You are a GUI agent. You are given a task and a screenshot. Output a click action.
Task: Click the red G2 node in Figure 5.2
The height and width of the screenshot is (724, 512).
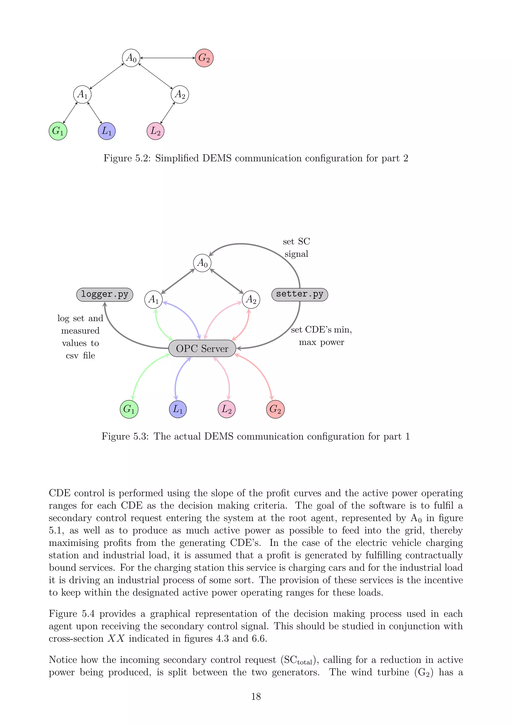pos(204,58)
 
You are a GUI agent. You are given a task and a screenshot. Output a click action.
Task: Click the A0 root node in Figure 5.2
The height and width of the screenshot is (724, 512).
pos(131,58)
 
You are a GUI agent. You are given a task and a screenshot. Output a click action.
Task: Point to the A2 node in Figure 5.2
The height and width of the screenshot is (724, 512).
pos(180,94)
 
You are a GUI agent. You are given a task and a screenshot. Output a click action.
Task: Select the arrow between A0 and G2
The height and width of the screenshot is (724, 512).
pos(168,58)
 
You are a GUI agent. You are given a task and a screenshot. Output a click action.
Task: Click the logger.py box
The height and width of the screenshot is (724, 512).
pos(105,294)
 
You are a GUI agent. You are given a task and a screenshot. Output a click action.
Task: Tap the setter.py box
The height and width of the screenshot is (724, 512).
pos(299,294)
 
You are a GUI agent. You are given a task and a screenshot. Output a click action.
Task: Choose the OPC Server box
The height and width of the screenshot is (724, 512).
pos(202,348)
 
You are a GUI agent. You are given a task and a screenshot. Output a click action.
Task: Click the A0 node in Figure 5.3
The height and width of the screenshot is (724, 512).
pos(202,263)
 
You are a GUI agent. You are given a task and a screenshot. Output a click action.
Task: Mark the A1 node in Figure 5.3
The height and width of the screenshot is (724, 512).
pos(153,299)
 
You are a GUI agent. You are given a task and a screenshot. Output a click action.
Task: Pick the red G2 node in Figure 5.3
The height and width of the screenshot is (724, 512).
pos(275,409)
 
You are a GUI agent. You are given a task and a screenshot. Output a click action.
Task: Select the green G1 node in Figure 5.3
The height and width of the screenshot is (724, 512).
pos(129,409)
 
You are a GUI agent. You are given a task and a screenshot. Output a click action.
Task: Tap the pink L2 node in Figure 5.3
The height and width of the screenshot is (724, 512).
pos(227,409)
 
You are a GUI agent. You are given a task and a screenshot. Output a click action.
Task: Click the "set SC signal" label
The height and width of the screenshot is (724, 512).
pos(296,247)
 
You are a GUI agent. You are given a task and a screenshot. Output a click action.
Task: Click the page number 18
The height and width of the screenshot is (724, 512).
pos(256,696)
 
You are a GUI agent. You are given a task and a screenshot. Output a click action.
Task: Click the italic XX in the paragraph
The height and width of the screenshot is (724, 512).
pos(116,638)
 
